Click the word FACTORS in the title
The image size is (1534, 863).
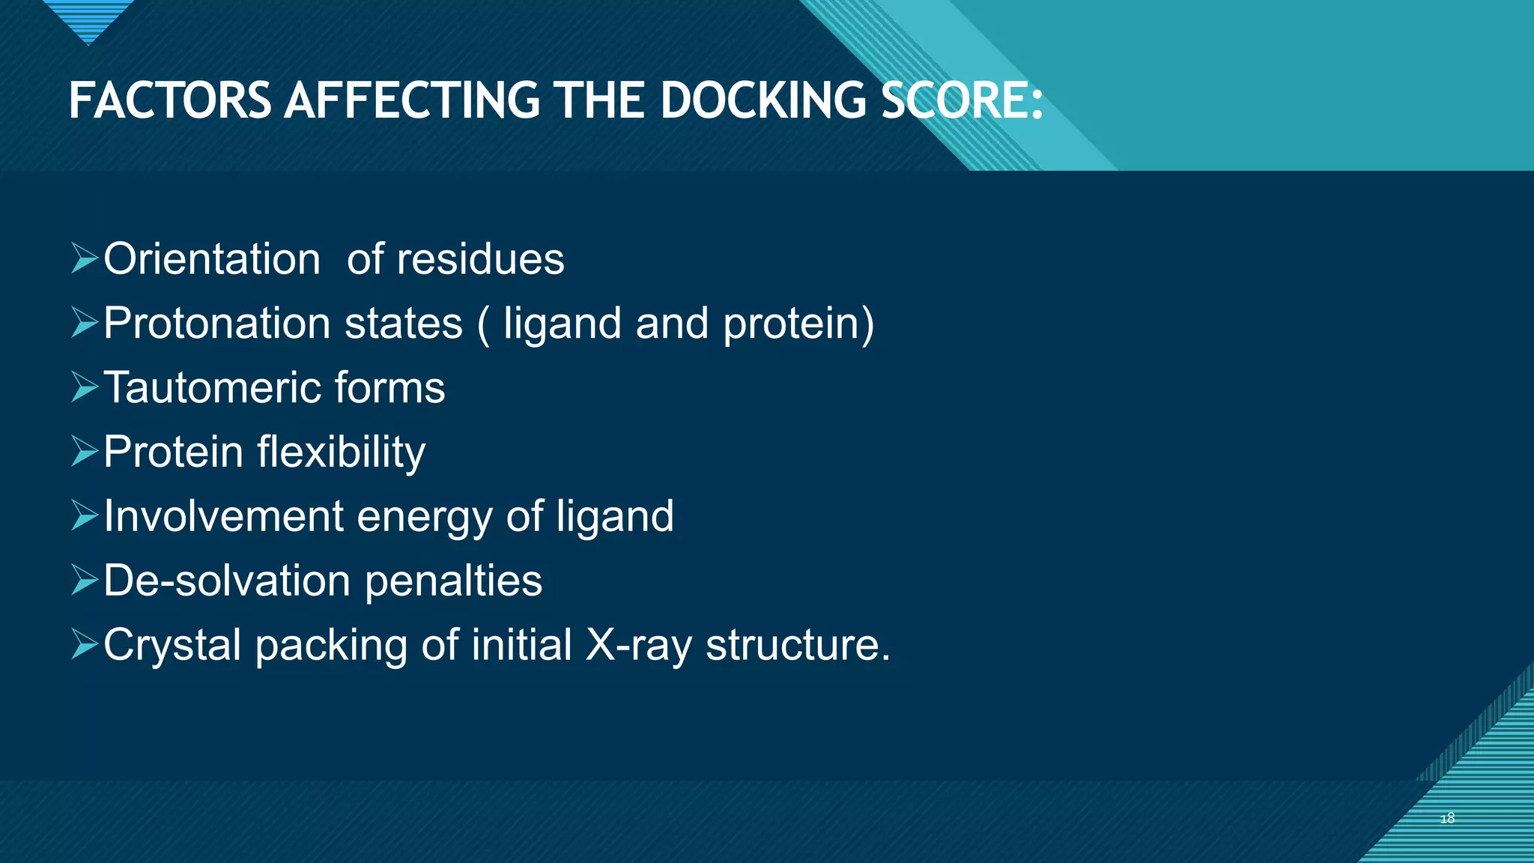170,101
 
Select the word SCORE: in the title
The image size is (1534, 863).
962,101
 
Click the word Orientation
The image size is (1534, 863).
212,259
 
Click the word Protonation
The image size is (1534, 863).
217,324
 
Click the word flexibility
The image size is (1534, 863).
342,452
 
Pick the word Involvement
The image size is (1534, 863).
223,517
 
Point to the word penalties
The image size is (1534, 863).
453,581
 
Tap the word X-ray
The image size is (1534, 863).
639,646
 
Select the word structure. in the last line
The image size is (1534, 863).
798,646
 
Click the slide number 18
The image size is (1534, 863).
1447,818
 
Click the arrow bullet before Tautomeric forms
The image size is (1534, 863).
85,387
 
